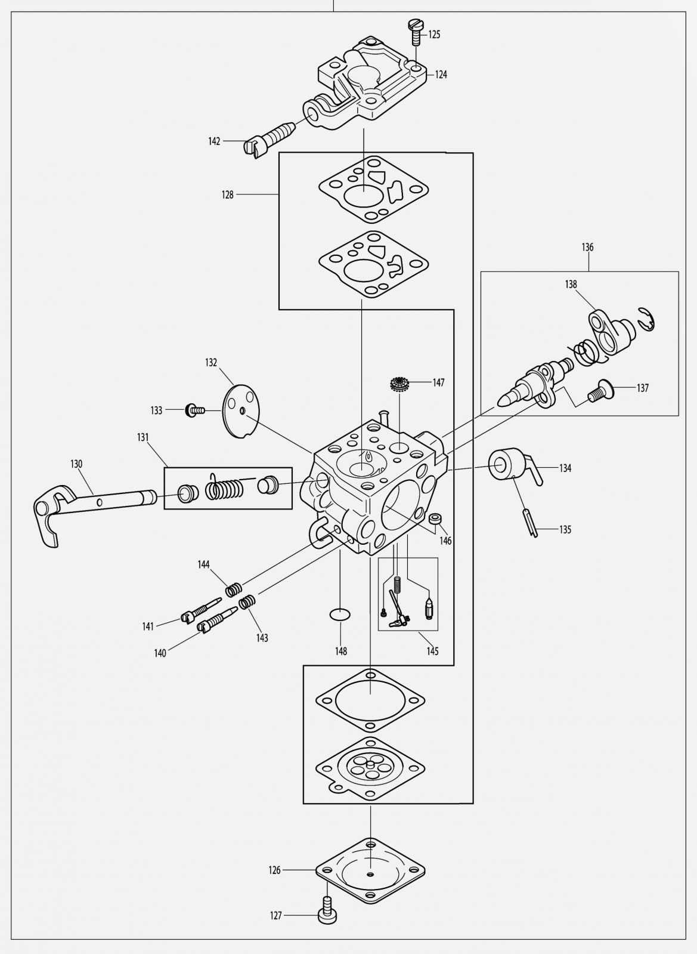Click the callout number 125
click(434, 35)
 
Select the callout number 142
click(214, 141)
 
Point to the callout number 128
click(228, 194)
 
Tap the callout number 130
click(76, 464)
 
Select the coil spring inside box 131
click(224, 487)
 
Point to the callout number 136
click(588, 247)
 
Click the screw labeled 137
click(600, 391)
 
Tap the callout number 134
click(565, 468)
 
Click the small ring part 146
click(435, 519)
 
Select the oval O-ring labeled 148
click(340, 615)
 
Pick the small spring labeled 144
click(234, 590)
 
